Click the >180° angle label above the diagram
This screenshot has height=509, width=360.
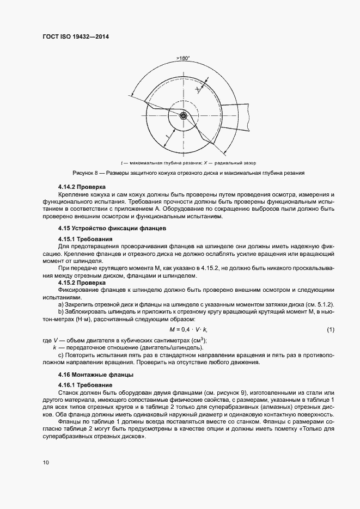tap(183, 58)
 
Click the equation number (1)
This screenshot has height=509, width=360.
tap(330, 330)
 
